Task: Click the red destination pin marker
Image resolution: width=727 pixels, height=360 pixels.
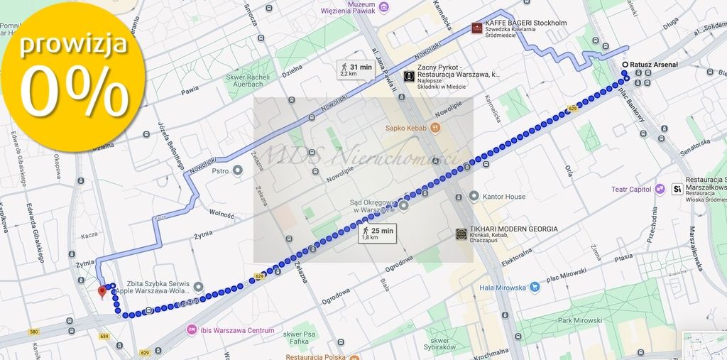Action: [102, 292]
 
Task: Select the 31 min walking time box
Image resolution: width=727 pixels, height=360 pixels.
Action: [355, 70]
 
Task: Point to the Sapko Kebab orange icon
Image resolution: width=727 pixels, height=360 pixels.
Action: [436, 128]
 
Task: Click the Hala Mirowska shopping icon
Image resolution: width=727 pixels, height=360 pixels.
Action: [535, 288]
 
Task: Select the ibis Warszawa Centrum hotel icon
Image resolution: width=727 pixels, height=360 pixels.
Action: [191, 330]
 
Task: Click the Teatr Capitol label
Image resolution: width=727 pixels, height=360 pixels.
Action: [631, 189]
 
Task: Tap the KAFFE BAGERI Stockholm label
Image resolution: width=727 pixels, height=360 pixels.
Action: [525, 23]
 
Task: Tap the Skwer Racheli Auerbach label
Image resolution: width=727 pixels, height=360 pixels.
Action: [248, 80]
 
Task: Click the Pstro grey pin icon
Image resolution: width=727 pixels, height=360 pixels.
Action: [238, 170]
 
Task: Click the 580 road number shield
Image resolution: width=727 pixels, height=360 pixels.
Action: [34, 331]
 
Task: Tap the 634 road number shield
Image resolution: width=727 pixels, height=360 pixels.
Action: [105, 337]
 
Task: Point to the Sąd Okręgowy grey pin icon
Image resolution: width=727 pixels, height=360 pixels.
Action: [403, 207]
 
